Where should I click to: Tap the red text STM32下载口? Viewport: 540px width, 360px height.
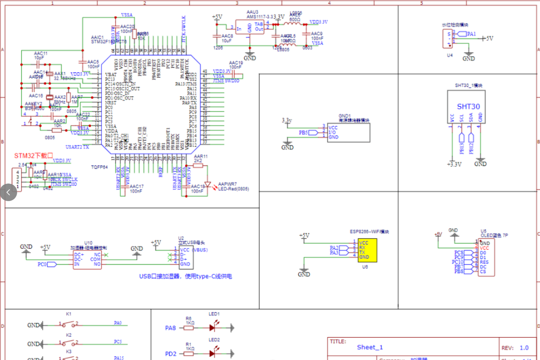click(x=33, y=155)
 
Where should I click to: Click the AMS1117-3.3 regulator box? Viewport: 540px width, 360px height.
click(x=249, y=28)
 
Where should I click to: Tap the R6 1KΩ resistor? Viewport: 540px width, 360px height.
click(x=189, y=328)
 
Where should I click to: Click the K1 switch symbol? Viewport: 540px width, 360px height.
click(x=68, y=325)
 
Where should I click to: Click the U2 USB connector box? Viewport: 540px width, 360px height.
click(x=185, y=258)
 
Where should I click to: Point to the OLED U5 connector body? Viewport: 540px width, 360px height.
click(x=486, y=257)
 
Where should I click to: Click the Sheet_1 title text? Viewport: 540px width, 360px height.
click(x=370, y=347)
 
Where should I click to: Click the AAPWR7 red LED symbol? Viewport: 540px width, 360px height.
click(x=209, y=185)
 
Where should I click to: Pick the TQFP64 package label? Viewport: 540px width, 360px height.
click(x=100, y=167)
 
